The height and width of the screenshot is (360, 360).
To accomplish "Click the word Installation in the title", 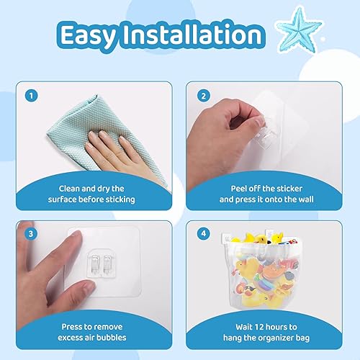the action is [x=192, y=35].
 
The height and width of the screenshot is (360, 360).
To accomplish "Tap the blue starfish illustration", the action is [x=300, y=30].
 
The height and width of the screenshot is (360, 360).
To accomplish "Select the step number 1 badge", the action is [x=31, y=96].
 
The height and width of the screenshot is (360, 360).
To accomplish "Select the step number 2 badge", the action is [x=204, y=96].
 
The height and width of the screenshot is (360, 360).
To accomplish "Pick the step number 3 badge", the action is [x=31, y=233].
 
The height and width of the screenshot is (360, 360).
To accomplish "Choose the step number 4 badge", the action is [x=204, y=233].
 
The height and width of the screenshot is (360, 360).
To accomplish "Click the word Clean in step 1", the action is [x=69, y=189].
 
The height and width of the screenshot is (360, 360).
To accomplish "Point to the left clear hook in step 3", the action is [x=96, y=264].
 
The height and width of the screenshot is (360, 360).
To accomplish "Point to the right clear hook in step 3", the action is [x=107, y=264].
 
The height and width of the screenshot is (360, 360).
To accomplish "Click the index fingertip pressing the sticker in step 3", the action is [x=77, y=235].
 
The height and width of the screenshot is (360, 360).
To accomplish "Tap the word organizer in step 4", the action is [x=273, y=338].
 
